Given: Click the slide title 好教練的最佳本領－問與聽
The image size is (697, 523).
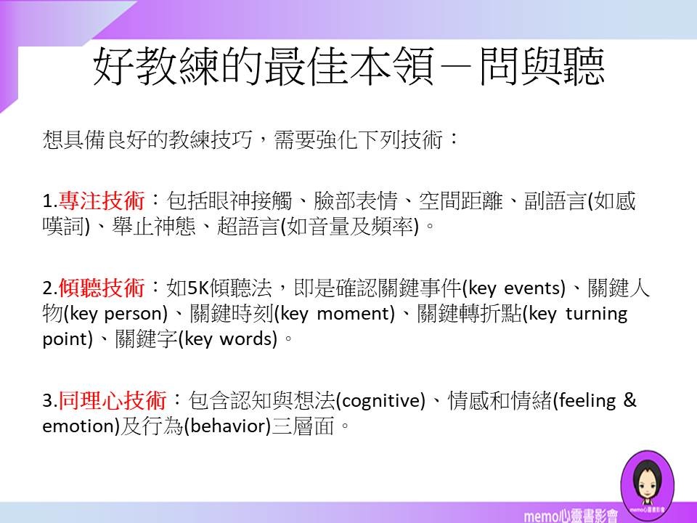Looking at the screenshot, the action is (x=349, y=66).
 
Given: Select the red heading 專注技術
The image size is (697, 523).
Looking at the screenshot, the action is (x=102, y=200).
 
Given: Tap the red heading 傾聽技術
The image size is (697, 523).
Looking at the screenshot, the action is (x=102, y=288).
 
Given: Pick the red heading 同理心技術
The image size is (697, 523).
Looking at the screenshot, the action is (x=112, y=400).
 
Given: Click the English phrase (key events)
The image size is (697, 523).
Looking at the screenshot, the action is (x=514, y=288).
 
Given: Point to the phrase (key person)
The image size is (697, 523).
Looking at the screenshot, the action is (x=116, y=314).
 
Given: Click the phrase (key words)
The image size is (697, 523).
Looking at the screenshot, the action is (x=227, y=339).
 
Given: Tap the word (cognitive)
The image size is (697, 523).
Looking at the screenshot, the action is (x=380, y=401).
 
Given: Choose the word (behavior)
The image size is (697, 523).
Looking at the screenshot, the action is (x=227, y=426).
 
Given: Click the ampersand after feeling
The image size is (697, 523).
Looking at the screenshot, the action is (x=630, y=400).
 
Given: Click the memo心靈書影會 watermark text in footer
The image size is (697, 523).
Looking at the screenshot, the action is (x=571, y=516).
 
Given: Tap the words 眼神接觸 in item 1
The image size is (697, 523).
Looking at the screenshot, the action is (x=250, y=200).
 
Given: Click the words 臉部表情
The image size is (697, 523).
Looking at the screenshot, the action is (x=355, y=200).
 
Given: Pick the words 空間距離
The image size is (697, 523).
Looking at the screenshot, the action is (x=460, y=200).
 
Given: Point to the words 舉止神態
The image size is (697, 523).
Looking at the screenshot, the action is (x=154, y=226).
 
